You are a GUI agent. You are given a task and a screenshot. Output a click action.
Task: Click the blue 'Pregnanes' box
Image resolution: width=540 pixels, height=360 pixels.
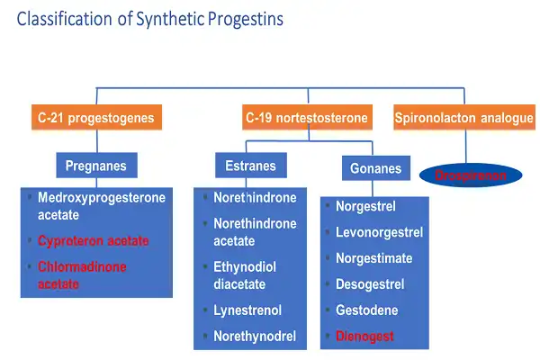[x=95, y=166]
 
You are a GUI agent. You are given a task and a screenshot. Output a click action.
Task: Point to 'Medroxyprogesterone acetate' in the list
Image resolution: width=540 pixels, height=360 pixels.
[x=101, y=206]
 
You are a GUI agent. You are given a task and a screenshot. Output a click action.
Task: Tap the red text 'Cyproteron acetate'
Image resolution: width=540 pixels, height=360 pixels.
[x=94, y=241]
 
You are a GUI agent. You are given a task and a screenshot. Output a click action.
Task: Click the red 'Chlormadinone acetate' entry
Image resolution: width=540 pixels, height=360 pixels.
[x=83, y=275]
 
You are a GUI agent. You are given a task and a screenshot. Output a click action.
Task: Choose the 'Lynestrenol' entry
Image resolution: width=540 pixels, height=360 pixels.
[x=247, y=310]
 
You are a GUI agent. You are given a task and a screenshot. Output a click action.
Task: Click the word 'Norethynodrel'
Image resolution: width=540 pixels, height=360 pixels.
[x=254, y=337]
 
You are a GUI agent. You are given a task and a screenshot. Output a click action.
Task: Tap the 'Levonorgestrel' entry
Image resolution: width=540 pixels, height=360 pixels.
[x=379, y=233]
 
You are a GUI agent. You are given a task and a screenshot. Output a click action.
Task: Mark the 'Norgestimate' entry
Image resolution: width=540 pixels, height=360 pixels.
[x=373, y=259]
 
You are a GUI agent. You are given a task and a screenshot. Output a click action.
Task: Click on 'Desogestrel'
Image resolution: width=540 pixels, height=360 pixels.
[x=370, y=284]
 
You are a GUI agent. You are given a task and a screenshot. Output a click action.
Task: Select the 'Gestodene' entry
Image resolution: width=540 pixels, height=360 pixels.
[x=366, y=310]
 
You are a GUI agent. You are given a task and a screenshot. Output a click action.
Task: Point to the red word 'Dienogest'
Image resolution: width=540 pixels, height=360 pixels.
[x=365, y=337]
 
